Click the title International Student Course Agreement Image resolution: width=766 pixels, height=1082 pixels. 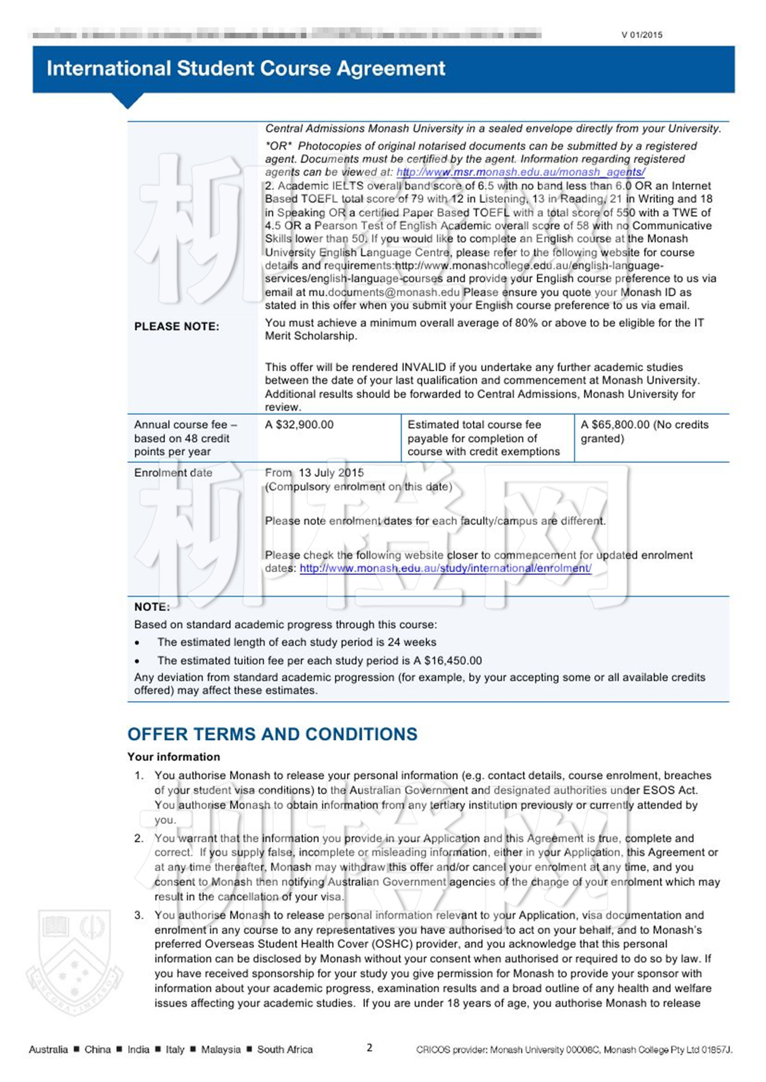pyautogui.click(x=246, y=68)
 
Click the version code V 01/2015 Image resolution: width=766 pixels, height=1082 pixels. pyautogui.click(x=641, y=35)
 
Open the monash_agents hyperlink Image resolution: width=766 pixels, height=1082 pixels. pyautogui.click(x=520, y=172)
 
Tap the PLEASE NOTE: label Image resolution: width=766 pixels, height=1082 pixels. pyautogui.click(x=177, y=327)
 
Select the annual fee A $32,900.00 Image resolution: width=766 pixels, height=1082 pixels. pyautogui.click(x=299, y=425)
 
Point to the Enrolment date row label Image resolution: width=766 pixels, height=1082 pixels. pyautogui.click(x=173, y=473)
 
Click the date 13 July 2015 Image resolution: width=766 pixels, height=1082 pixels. pyautogui.click(x=331, y=473)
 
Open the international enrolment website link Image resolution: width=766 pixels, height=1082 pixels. pyautogui.click(x=445, y=568)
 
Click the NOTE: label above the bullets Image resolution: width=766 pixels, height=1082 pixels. pyautogui.click(x=152, y=607)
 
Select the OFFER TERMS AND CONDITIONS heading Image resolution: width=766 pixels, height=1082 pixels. pyautogui.click(x=272, y=734)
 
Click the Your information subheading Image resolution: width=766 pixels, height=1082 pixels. pyautogui.click(x=174, y=757)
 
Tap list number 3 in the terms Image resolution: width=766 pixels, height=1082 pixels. pyautogui.click(x=139, y=915)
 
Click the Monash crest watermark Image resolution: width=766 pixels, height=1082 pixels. pyautogui.click(x=74, y=961)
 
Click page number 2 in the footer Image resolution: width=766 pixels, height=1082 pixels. pyautogui.click(x=369, y=1048)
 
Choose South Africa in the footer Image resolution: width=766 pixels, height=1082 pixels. pyautogui.click(x=285, y=1050)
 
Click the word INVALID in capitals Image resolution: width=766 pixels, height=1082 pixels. pyautogui.click(x=423, y=368)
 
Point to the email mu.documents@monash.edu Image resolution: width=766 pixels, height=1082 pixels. pyautogui.click(x=384, y=293)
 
